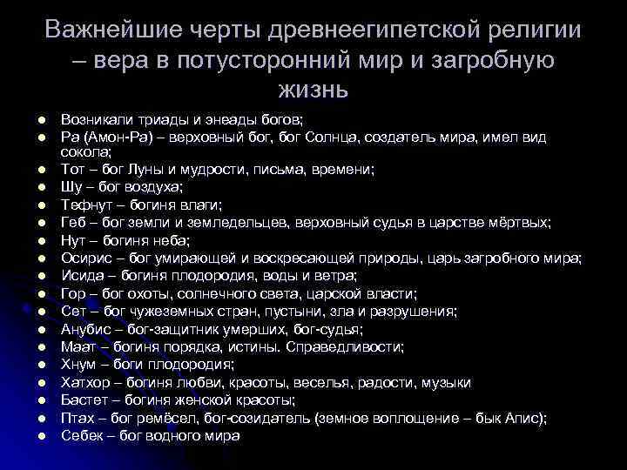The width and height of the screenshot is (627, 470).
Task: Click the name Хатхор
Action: [88, 382]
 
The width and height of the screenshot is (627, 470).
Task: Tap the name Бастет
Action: [87, 399]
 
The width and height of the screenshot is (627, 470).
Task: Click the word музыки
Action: [447, 382]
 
